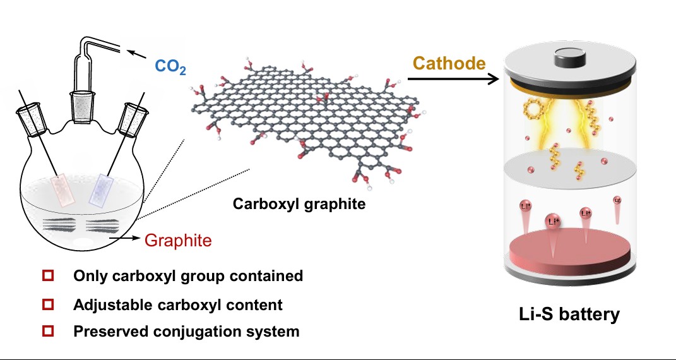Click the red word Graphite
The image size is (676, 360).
pos(178,241)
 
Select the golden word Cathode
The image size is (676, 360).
pos(449,63)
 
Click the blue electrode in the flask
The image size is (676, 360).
pos(102,189)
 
